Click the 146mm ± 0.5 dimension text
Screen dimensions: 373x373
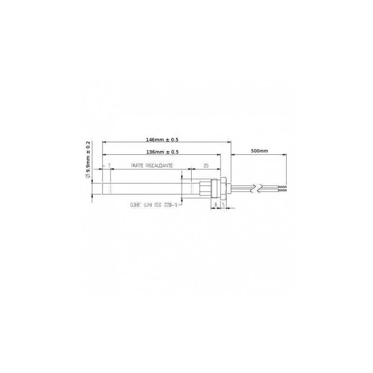pos(162,139)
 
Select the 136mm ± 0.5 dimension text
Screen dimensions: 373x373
pos(162,152)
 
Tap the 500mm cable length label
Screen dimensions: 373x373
pos(259,151)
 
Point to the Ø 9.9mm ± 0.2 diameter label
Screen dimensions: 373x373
pos(88,159)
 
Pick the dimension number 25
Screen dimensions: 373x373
pos(206,166)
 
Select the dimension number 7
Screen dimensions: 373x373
pos(109,166)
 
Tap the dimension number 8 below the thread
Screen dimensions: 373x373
pos(216,205)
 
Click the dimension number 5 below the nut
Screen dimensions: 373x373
pos(223,205)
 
